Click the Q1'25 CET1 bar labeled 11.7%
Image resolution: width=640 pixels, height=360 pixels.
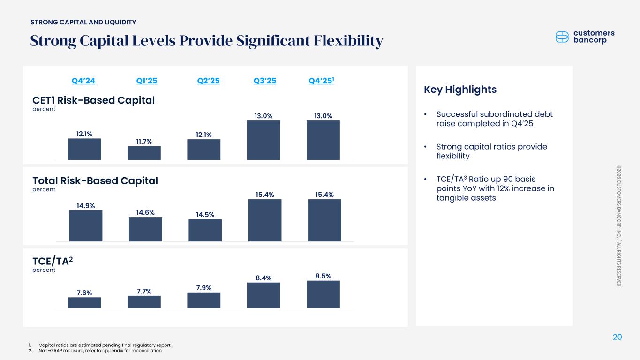144,153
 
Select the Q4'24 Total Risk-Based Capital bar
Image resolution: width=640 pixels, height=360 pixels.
86,225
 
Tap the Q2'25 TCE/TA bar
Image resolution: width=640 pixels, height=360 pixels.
203,300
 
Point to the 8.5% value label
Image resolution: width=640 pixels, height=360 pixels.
323,276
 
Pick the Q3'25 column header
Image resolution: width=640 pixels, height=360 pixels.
265,81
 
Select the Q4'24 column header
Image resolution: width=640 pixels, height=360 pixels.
83,81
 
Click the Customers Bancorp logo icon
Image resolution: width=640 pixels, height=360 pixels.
562,37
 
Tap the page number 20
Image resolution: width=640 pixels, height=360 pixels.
617,337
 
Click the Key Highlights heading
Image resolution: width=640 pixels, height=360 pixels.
460,90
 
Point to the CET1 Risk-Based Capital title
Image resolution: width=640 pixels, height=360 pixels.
93,100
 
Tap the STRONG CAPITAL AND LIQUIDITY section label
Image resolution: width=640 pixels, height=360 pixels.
83,22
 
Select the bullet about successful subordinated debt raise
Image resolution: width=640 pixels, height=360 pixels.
494,119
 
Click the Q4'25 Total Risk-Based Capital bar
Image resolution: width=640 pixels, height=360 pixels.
324,220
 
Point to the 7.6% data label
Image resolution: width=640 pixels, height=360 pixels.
84,293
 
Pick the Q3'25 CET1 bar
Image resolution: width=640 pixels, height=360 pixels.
264,140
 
